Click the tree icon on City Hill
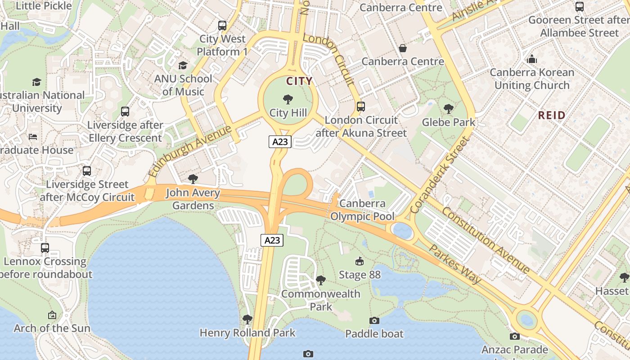288,99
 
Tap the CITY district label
300,81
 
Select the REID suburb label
552,115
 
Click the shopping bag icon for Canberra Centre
403,48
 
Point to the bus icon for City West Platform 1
222,26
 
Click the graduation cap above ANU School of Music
183,66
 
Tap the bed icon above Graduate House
33,137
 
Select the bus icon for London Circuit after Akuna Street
361,107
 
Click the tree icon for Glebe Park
448,108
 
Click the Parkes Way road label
454,264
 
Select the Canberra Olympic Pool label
362,210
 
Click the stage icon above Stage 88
360,261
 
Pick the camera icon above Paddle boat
374,320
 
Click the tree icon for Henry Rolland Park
247,319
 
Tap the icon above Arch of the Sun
52,315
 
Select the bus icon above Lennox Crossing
45,248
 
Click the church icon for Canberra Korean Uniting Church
532,59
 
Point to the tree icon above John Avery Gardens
193,179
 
